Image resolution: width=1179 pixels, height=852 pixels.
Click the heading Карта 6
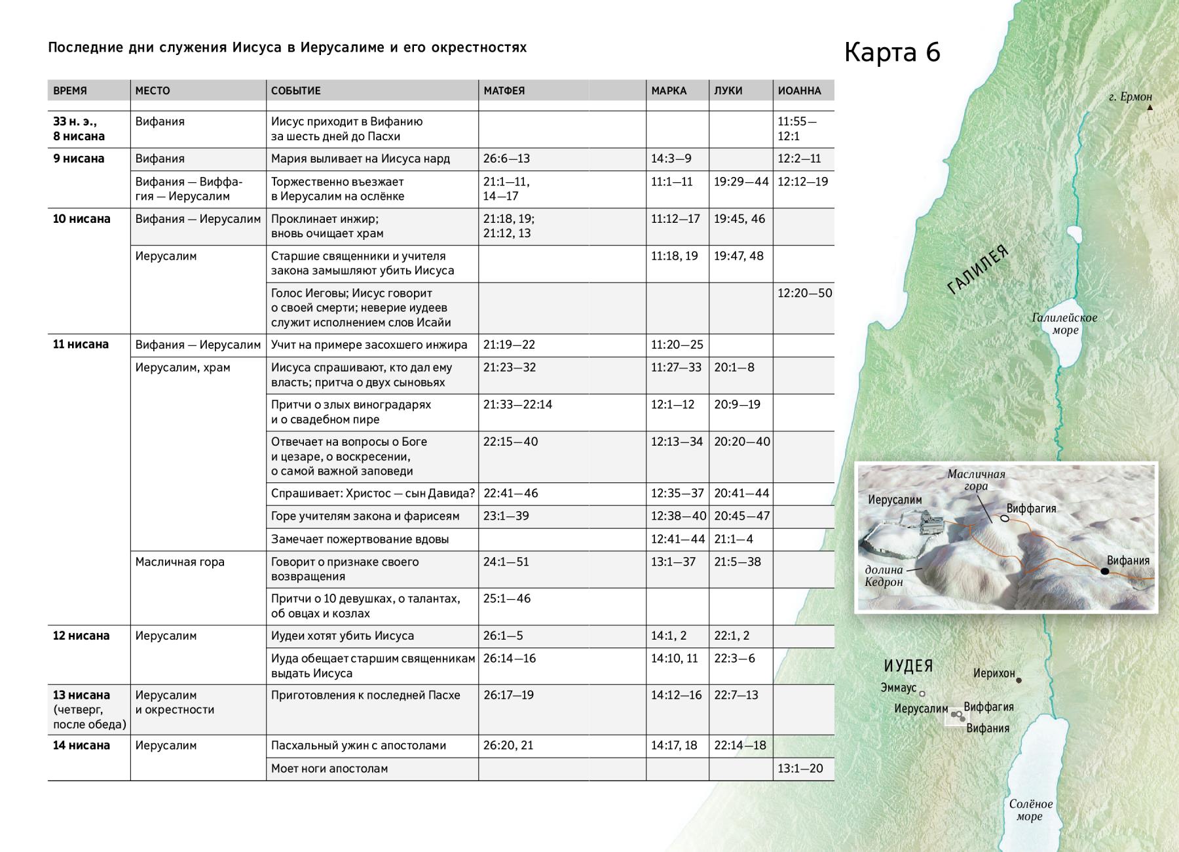[x=892, y=52]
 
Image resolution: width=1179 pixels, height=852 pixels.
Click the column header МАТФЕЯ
[x=504, y=90]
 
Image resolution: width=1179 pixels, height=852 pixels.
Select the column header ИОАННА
[x=799, y=90]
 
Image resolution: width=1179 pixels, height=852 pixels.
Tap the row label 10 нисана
[x=82, y=219]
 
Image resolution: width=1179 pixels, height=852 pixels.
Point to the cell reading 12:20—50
[x=804, y=293]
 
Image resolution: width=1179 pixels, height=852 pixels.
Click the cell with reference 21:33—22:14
[x=517, y=404]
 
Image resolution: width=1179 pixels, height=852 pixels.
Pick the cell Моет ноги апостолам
[x=329, y=768]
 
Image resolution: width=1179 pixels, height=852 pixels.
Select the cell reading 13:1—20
[x=800, y=768]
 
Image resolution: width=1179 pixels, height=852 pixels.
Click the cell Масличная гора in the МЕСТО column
[x=180, y=562]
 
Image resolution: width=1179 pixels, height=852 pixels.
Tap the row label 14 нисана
[x=81, y=745]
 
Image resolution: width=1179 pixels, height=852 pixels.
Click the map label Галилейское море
[x=1064, y=324]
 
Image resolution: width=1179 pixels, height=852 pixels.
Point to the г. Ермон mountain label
[x=1130, y=97]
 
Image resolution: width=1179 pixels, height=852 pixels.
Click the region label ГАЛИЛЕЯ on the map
[x=978, y=270]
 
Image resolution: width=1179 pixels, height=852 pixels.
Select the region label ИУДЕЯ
[x=908, y=666]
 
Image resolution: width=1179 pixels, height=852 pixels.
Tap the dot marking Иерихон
[x=1019, y=680]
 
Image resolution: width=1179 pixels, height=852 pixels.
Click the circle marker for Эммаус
[x=922, y=693]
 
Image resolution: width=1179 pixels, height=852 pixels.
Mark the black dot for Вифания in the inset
[x=1105, y=571]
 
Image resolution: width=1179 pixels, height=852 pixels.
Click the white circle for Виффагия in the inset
[x=1004, y=518]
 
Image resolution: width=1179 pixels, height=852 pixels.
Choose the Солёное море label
[x=1030, y=810]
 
